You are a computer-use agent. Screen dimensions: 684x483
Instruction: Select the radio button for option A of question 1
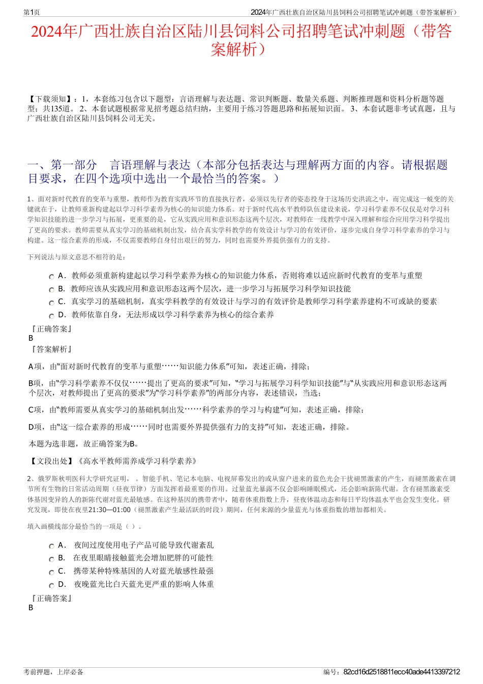pyautogui.click(x=51, y=277)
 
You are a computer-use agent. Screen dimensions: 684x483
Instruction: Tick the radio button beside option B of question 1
pyautogui.click(x=51, y=290)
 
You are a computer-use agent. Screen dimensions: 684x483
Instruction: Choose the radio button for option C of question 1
pyautogui.click(x=51, y=303)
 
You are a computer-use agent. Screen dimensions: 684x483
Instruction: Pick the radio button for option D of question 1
pyautogui.click(x=51, y=316)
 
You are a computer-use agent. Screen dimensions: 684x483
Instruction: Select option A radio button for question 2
pyautogui.click(x=51, y=546)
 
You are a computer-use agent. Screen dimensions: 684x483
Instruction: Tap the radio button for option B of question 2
pyautogui.click(x=51, y=559)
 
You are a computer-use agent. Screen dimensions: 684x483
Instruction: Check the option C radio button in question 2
pyautogui.click(x=51, y=572)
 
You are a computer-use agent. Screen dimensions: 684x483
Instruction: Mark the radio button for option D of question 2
pyautogui.click(x=51, y=585)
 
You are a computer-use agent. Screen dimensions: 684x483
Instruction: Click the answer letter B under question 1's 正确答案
pyautogui.click(x=31, y=338)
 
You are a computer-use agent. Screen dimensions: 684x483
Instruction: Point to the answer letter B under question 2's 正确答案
pyautogui.click(x=31, y=608)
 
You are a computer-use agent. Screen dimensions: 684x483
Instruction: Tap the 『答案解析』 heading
pyautogui.click(x=51, y=349)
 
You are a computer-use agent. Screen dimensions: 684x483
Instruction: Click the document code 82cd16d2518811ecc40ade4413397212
pyautogui.click(x=402, y=672)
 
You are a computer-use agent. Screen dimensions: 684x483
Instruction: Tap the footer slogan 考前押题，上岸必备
pyautogui.click(x=53, y=672)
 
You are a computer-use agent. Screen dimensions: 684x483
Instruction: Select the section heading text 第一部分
pyautogui.click(x=74, y=165)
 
